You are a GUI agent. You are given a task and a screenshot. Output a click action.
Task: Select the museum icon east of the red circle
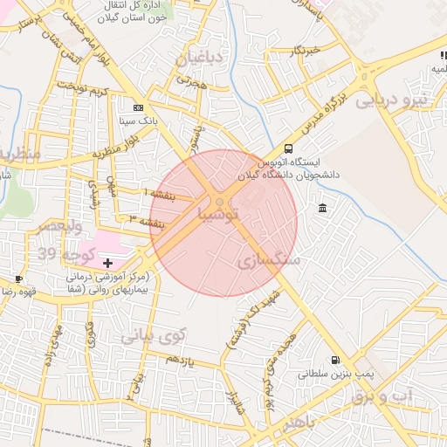[323, 209]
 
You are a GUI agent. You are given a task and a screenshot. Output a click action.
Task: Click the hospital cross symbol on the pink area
[107, 262]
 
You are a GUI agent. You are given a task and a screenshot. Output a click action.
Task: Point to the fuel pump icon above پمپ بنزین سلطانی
[334, 360]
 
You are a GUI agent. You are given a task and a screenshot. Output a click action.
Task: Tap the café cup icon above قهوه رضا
[19, 279]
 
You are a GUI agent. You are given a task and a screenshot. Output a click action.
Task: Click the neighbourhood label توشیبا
[217, 213]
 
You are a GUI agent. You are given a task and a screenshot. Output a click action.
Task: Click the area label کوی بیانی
[154, 334]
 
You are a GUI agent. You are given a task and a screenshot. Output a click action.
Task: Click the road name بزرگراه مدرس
[330, 107]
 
